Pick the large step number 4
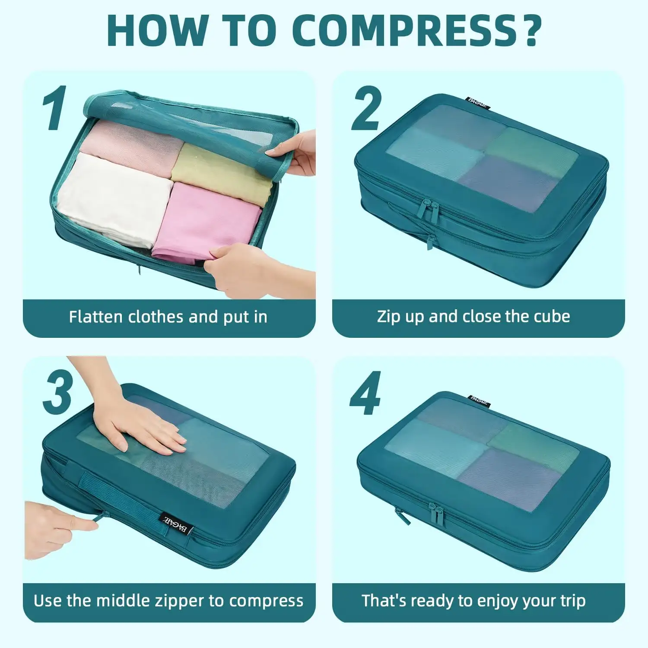point(365,393)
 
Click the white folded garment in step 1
point(114,199)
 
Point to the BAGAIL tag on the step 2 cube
point(477,102)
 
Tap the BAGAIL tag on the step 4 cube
point(479,400)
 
